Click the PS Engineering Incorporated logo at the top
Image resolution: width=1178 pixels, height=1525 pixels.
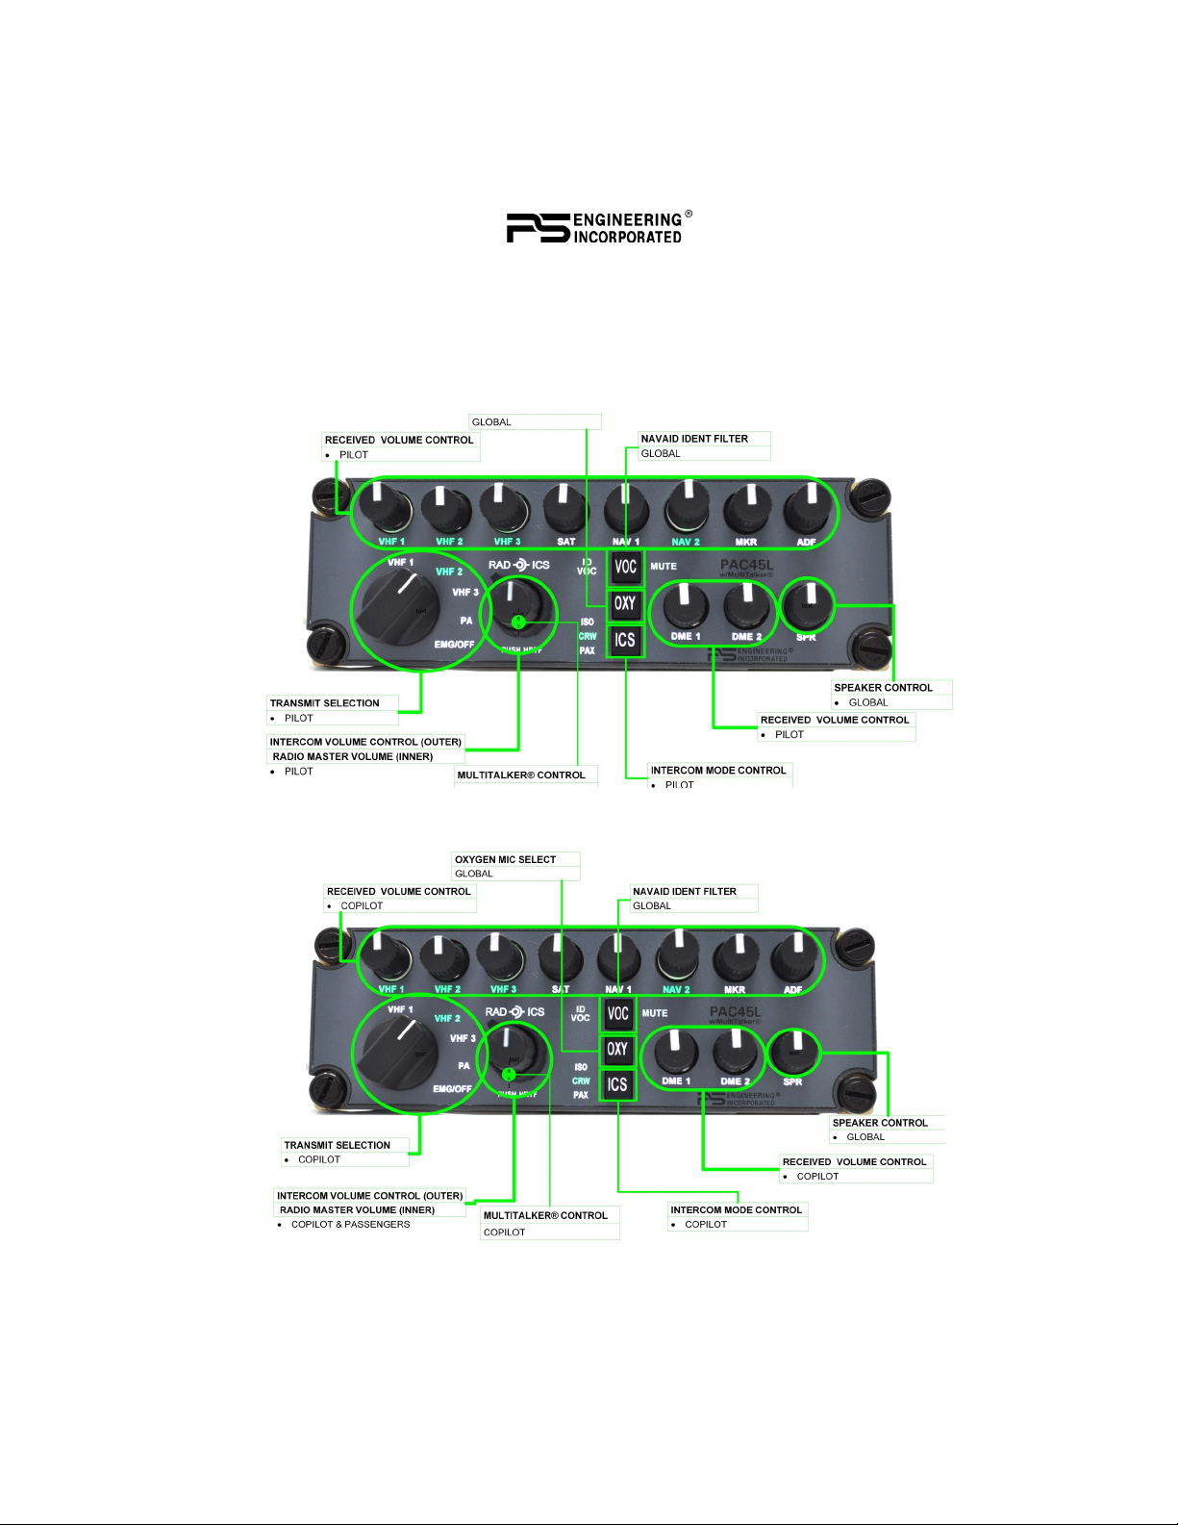click(x=598, y=227)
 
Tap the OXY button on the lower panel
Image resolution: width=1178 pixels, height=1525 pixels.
click(x=617, y=1049)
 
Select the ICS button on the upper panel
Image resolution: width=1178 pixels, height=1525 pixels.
click(x=625, y=640)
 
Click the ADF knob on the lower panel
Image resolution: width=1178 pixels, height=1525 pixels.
click(x=795, y=956)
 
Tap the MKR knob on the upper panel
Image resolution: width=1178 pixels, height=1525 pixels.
click(x=744, y=508)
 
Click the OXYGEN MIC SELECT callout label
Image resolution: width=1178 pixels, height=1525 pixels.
click(x=506, y=859)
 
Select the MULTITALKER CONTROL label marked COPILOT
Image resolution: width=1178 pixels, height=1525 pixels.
click(x=545, y=1215)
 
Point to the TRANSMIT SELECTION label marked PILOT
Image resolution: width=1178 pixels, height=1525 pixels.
click(x=325, y=703)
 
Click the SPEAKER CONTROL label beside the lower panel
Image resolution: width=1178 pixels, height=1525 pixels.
click(x=880, y=1123)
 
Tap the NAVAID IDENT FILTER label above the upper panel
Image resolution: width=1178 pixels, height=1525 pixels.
click(x=694, y=439)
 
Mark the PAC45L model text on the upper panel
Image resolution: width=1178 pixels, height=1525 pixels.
click(x=746, y=565)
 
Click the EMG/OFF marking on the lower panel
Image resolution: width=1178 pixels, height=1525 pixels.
click(x=452, y=1089)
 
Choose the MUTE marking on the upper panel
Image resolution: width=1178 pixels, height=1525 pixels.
click(x=664, y=567)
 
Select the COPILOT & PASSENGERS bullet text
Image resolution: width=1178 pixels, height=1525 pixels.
click(x=350, y=1225)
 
